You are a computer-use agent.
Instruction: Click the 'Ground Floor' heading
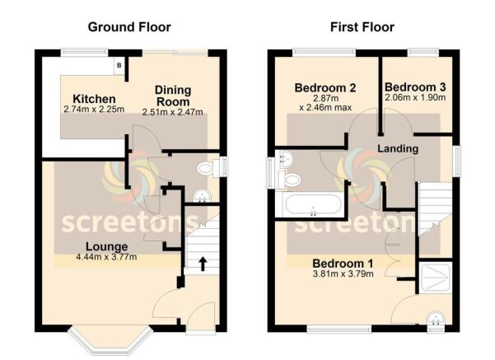[x=130, y=27]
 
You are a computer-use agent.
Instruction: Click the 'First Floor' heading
[x=362, y=27]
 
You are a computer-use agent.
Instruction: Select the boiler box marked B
[x=119, y=65]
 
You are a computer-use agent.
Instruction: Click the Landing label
[x=398, y=148]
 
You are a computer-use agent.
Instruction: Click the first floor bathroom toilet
[x=291, y=180]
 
